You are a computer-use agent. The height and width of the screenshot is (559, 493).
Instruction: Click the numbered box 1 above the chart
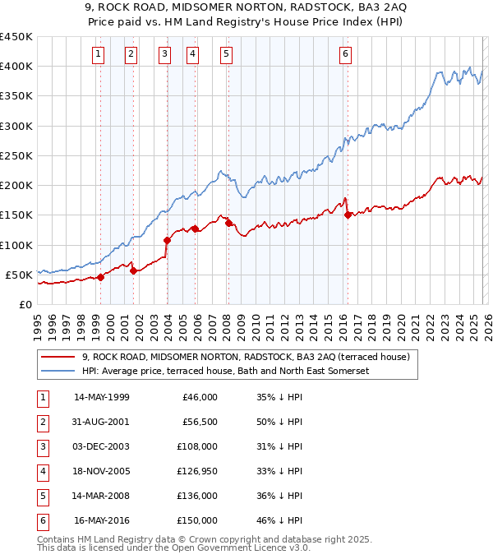point(99,55)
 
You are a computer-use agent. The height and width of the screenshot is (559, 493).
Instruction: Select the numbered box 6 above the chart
point(345,55)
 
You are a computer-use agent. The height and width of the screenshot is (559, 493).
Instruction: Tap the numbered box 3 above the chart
point(165,55)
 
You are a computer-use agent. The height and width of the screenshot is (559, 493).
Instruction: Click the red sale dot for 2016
point(348,215)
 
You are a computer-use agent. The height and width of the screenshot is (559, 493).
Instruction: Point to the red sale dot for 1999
point(100,277)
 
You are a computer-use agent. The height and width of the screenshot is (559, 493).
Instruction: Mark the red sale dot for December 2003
point(167,240)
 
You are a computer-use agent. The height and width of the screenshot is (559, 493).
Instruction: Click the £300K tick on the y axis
point(16,126)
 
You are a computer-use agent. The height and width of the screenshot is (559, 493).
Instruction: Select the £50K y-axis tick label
point(20,275)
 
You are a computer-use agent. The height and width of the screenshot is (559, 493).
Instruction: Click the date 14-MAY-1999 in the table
point(101,397)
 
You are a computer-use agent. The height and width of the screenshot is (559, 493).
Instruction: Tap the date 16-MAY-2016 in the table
point(101,520)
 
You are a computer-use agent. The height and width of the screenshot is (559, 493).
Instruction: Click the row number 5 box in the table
point(42,496)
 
